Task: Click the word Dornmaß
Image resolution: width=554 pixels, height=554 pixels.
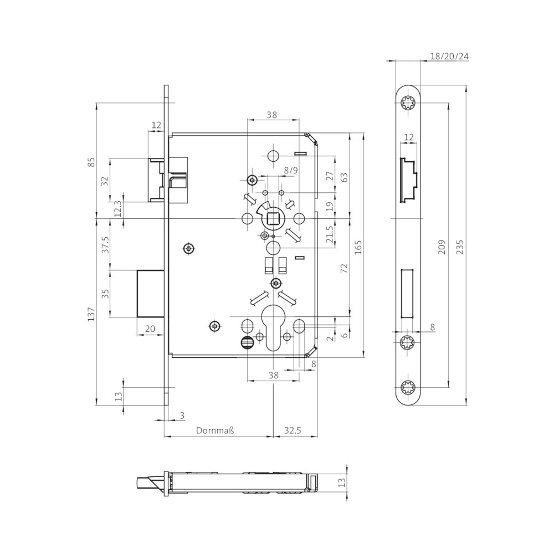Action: [215, 430]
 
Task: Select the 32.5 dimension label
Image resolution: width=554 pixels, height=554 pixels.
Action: [293, 430]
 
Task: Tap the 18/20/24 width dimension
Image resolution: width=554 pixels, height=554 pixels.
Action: [449, 56]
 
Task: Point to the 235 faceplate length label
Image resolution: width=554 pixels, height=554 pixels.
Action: [459, 247]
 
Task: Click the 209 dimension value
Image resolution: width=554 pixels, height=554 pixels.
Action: [442, 247]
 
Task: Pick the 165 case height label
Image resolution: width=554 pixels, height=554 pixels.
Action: [358, 247]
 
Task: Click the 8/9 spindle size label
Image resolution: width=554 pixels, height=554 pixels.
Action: [291, 170]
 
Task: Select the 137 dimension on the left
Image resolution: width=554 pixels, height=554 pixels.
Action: [91, 314]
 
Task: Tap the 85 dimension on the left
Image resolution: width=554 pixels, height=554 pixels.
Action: [91, 162]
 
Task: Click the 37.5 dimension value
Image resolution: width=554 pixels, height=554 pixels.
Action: [105, 245]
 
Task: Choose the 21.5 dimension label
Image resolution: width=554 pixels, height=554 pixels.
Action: [330, 234]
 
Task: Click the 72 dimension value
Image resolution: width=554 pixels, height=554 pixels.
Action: [345, 268]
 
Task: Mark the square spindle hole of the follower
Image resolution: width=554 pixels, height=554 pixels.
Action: [273, 218]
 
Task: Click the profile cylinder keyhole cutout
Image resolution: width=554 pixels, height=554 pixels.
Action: [274, 327]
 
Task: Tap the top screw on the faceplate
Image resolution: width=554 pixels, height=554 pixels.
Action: [408, 103]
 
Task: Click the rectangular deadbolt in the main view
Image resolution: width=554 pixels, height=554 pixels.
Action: [151, 294]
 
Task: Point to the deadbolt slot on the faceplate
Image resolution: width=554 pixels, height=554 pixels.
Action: [408, 294]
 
